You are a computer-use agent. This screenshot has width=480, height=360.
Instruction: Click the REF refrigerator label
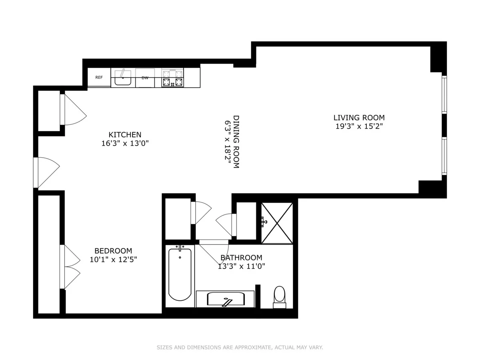(99, 78)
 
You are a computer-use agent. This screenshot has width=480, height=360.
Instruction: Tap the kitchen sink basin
(123, 79)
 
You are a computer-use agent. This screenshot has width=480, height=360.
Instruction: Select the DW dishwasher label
(145, 78)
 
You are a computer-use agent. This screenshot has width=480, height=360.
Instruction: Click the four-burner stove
(172, 78)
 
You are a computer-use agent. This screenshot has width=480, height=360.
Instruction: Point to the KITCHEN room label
(125, 135)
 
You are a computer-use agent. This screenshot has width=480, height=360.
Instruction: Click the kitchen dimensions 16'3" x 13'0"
(125, 144)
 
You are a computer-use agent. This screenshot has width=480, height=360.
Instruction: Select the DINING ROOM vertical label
(236, 142)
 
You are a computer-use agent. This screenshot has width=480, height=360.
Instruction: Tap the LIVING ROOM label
(359, 118)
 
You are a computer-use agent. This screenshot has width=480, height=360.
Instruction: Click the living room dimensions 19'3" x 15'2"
(359, 126)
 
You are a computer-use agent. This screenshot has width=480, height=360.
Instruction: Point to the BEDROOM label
(110, 251)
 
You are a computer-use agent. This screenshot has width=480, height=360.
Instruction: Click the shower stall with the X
(277, 223)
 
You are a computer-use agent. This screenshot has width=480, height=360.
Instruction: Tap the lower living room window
(444, 156)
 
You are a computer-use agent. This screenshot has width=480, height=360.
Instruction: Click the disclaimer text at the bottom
(240, 348)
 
